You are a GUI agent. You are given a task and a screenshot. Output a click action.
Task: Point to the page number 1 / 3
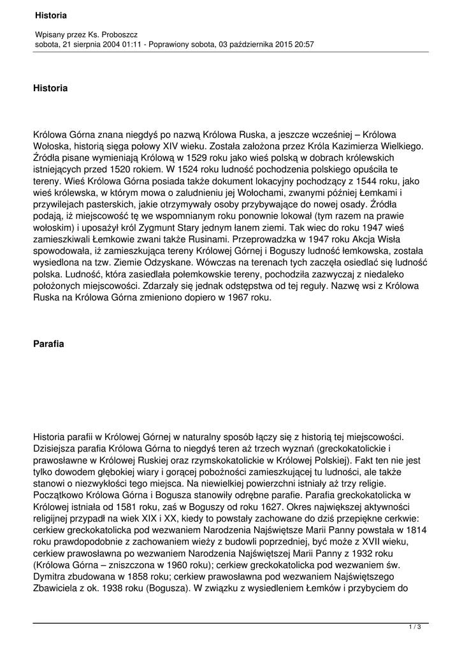click(x=415, y=627)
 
